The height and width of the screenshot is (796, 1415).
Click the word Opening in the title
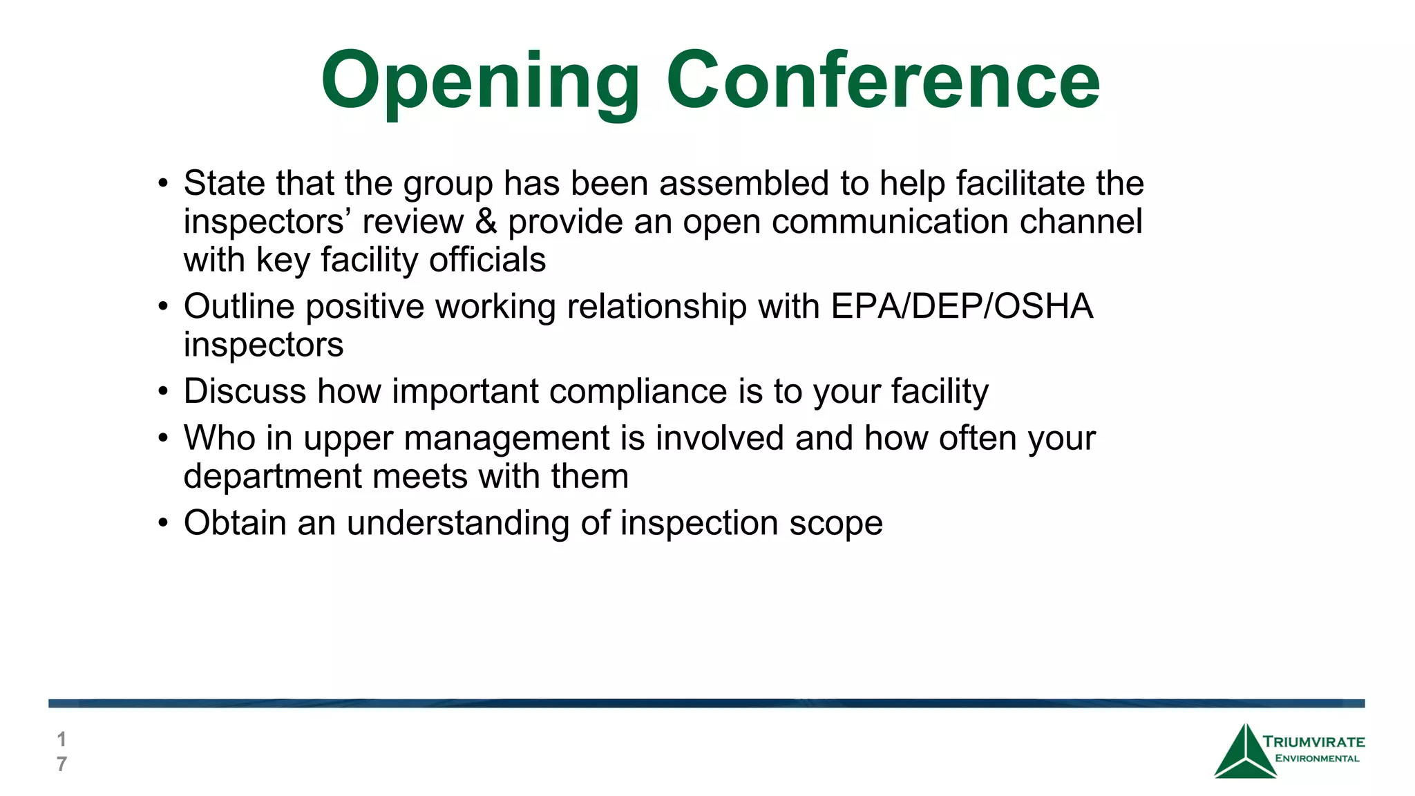(x=480, y=82)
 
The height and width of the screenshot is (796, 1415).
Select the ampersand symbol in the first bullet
(x=486, y=222)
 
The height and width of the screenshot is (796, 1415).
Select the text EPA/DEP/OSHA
(x=962, y=306)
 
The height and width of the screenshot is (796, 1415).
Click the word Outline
(x=238, y=306)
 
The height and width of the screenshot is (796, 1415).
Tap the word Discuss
(x=245, y=391)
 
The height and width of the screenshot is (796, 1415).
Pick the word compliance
(x=638, y=391)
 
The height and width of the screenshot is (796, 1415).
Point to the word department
(x=272, y=477)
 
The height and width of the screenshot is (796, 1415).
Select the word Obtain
(x=235, y=523)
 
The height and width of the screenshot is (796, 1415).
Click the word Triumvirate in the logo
(x=1313, y=742)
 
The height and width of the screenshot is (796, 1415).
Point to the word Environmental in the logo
(x=1317, y=759)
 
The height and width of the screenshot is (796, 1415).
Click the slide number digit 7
(x=61, y=764)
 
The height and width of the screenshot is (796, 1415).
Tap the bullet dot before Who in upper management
(x=163, y=439)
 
